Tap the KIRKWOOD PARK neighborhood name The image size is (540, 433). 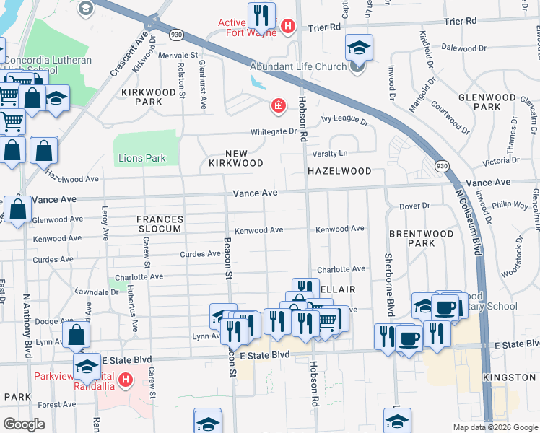pyautogui.click(x=149, y=97)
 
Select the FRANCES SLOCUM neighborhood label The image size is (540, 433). pyautogui.click(x=161, y=224)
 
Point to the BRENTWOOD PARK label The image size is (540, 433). pyautogui.click(x=421, y=239)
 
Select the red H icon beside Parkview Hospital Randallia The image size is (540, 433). pyautogui.click(x=126, y=378)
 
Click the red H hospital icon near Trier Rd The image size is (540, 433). pyautogui.click(x=289, y=27)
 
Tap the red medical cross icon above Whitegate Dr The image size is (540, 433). pyautogui.click(x=278, y=107)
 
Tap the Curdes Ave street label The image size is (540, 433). pyautogui.click(x=200, y=254)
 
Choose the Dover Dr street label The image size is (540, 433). pyautogui.click(x=414, y=206)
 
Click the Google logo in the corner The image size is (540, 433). pyautogui.click(x=24, y=424)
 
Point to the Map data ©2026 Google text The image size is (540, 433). pyautogui.click(x=495, y=427)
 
